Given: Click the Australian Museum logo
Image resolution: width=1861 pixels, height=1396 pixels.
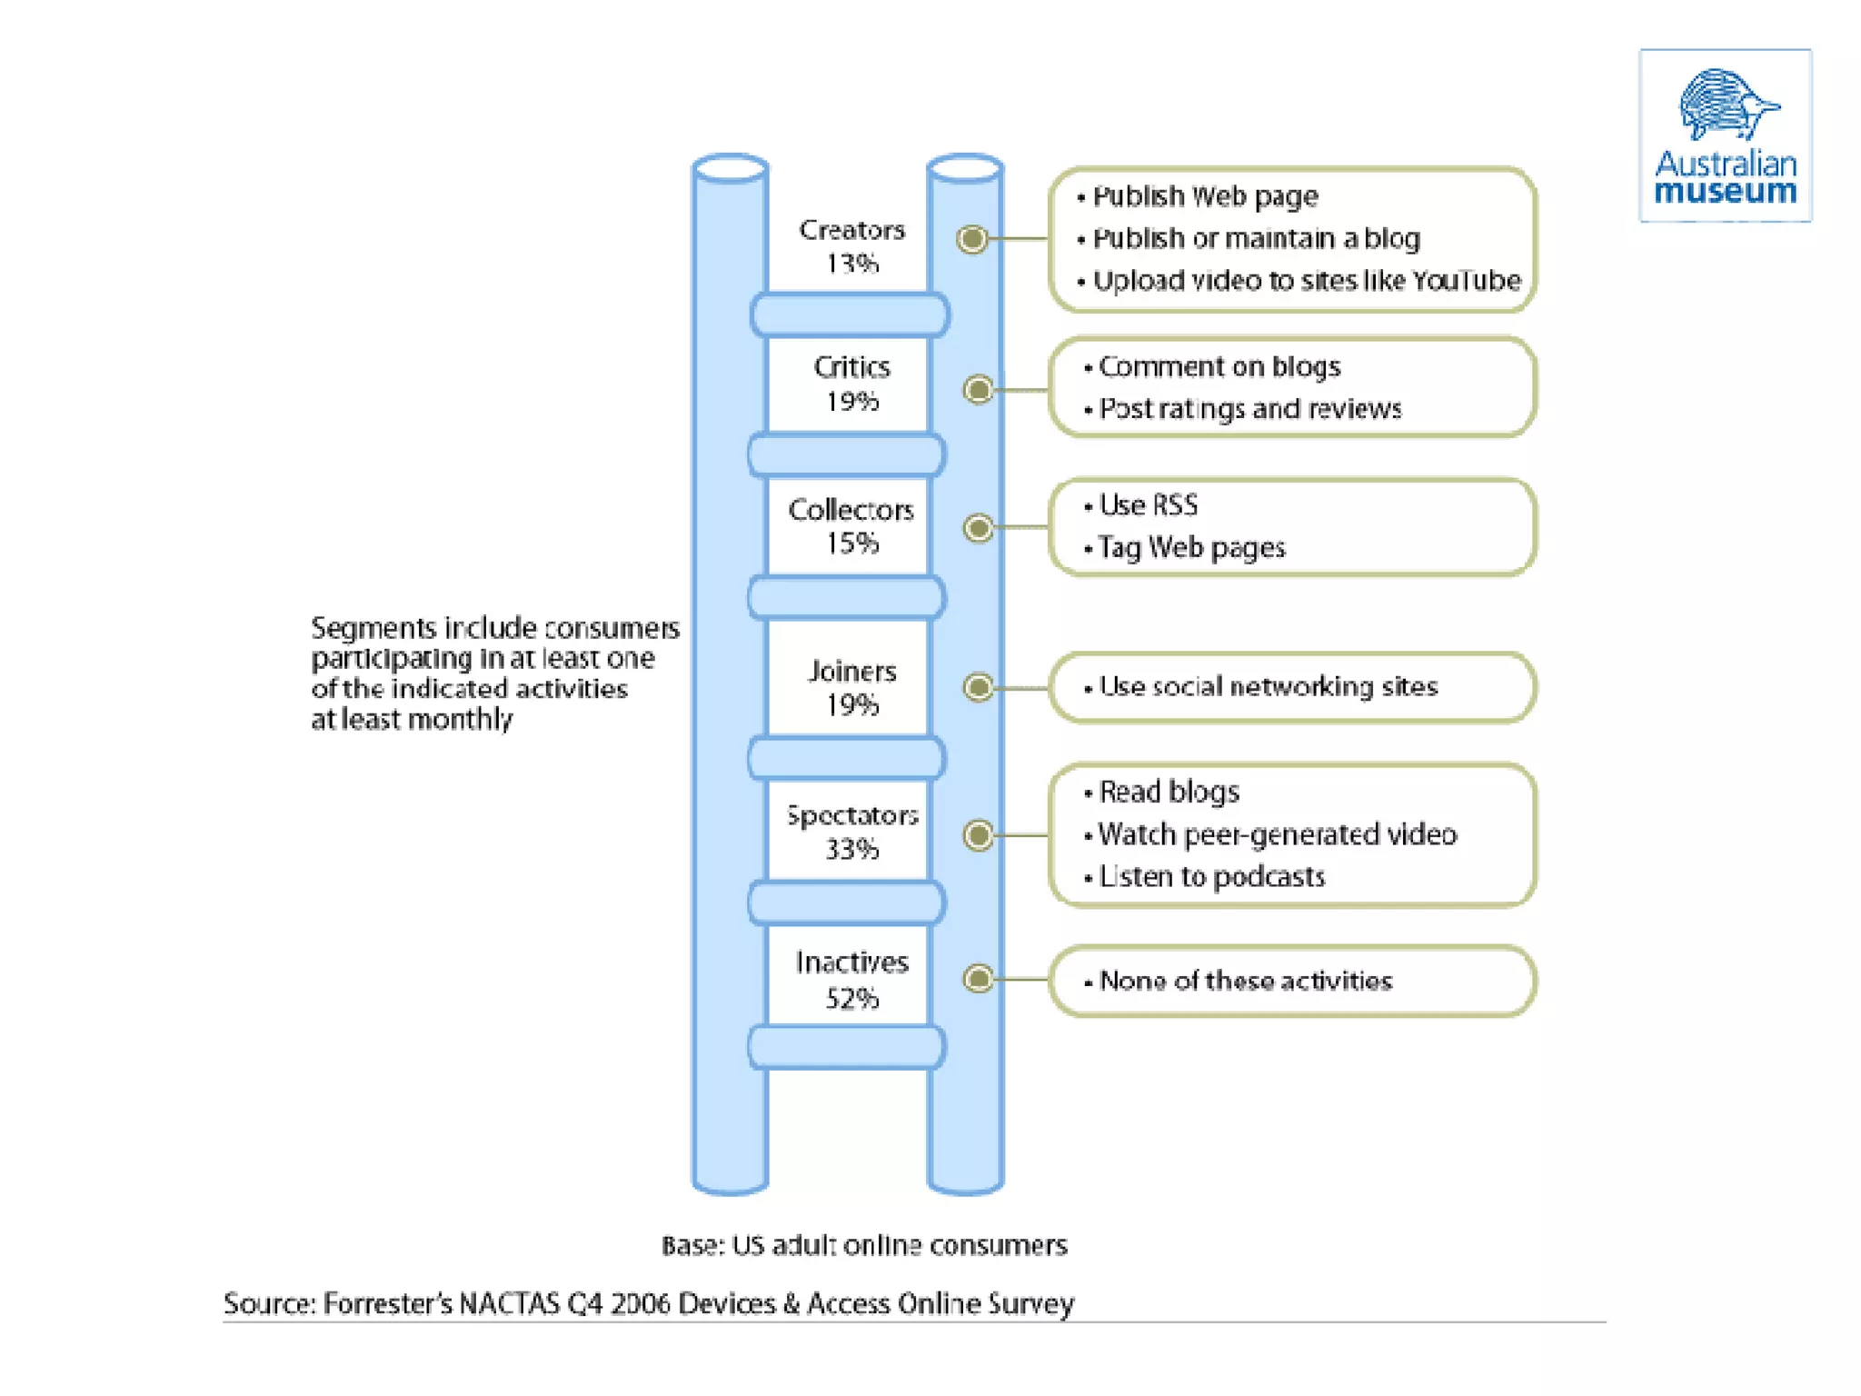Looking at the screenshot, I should [x=1725, y=135].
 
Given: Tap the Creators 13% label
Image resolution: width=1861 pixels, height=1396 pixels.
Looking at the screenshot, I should [x=851, y=246].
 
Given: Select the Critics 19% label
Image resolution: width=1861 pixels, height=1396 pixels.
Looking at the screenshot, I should [x=851, y=384].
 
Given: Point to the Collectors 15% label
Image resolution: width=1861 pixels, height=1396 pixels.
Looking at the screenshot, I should [x=851, y=526].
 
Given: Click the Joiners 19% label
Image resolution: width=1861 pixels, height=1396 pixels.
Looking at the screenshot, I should [x=851, y=687].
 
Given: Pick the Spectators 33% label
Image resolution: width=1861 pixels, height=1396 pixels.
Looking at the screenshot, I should [x=851, y=832].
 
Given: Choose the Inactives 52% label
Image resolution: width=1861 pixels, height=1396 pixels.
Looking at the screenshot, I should [x=851, y=980].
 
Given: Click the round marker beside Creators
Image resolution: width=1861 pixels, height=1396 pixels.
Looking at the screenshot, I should [x=972, y=239].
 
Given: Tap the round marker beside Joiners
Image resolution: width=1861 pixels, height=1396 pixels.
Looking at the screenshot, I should [x=978, y=687].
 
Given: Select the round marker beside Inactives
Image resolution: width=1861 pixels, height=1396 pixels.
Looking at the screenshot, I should [x=978, y=979].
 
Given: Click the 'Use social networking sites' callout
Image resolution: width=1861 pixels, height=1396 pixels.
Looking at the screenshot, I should [x=1291, y=687].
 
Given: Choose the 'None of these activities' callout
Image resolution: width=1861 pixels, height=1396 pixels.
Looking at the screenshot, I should [x=1291, y=981].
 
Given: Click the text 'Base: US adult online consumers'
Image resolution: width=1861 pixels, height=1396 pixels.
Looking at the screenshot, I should [x=864, y=1245].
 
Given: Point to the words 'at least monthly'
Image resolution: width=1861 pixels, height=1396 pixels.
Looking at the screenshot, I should [x=412, y=720].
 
